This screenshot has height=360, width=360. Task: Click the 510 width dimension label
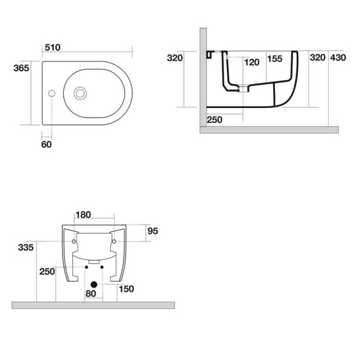pyautogui.click(x=53, y=48)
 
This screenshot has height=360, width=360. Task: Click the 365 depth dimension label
pyautogui.click(x=21, y=68)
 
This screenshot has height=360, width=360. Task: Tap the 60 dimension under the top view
pyautogui.click(x=47, y=144)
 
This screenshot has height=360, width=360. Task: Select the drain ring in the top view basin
pyautogui.click(x=80, y=93)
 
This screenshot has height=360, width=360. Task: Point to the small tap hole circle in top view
pyautogui.click(x=52, y=93)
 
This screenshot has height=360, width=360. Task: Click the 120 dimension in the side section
pyautogui.click(x=252, y=62)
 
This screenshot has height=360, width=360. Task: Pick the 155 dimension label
pyautogui.click(x=275, y=59)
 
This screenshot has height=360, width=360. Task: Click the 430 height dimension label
pyautogui.click(x=338, y=58)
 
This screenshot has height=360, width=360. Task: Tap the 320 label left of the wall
pyautogui.click(x=175, y=58)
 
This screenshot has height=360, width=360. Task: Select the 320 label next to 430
pyautogui.click(x=318, y=58)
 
